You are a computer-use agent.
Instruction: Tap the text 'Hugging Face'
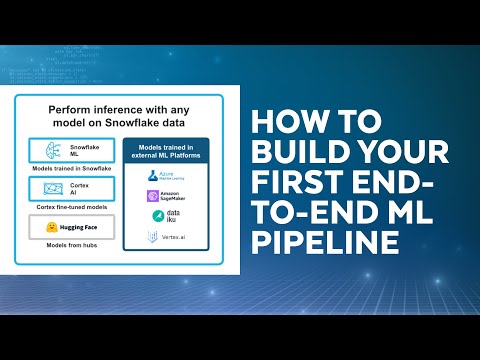78,228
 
